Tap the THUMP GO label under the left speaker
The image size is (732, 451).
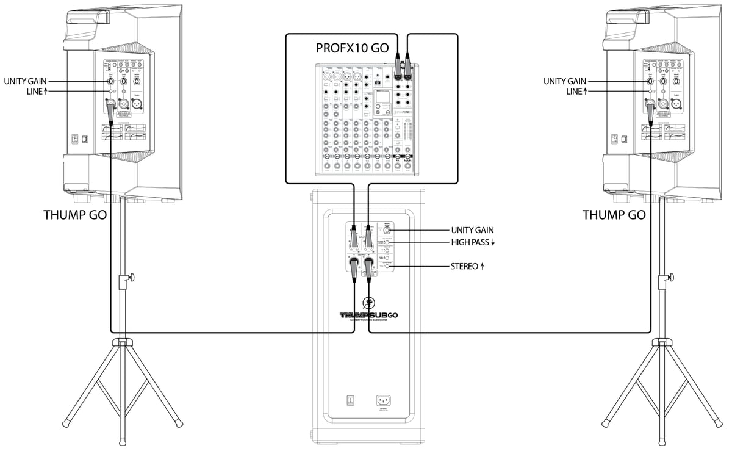click(x=76, y=215)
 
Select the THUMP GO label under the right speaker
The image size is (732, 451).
click(x=614, y=215)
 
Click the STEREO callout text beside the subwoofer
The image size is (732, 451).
click(x=465, y=267)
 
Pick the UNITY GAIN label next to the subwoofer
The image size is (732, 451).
click(x=472, y=230)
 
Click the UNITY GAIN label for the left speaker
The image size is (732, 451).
click(x=24, y=81)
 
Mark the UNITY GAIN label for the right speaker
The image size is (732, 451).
click(x=564, y=81)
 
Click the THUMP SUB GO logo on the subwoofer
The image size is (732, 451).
click(x=368, y=315)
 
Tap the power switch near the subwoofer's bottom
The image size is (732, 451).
click(x=350, y=401)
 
